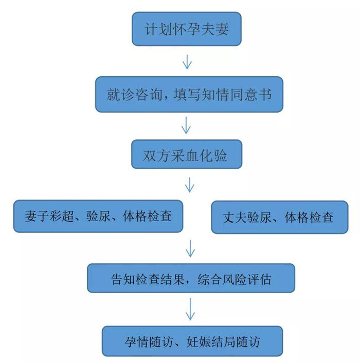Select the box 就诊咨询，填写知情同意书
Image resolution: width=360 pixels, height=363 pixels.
(189, 95)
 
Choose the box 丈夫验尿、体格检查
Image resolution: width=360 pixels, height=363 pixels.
(280, 217)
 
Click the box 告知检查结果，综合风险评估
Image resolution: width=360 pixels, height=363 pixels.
(191, 280)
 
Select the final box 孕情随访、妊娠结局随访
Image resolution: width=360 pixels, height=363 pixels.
(192, 341)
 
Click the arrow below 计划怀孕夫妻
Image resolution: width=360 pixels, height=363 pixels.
(187, 62)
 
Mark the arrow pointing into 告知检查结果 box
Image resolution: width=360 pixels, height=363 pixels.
(191, 248)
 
